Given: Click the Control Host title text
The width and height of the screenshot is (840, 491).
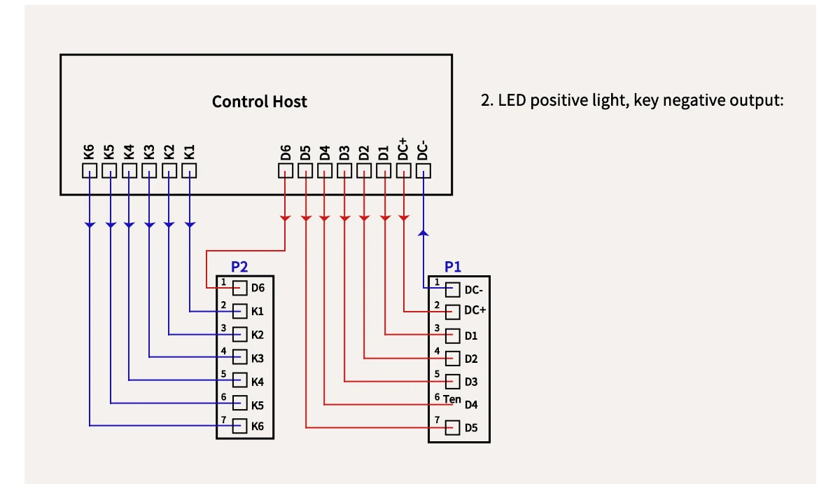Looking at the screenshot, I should coord(259,102).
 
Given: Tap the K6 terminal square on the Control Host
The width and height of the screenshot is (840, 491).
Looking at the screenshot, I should coord(90,170).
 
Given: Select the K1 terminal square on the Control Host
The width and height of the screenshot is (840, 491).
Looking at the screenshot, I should coord(190,170).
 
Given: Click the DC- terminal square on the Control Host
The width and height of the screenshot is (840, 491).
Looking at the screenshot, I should coord(423,170).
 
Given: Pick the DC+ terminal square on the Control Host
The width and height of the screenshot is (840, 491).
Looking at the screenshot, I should coord(404,170).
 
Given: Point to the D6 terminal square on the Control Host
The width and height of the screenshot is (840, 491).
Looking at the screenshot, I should coord(286,170).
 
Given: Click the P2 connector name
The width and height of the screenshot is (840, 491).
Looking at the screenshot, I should coord(239,267).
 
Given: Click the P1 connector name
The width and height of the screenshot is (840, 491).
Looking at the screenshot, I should coord(453,267).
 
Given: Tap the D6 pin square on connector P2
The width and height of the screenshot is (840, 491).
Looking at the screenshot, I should coord(240,288).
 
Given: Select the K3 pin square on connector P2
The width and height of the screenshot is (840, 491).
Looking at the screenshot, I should coord(240,357).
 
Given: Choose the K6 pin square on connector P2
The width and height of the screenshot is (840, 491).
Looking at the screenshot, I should coord(240,425).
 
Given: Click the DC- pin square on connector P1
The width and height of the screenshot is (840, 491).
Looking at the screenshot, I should coord(452,289).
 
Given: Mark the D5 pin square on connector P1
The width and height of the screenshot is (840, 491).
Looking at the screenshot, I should coord(452,427).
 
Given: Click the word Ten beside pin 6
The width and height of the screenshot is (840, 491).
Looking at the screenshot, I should coord(452,400).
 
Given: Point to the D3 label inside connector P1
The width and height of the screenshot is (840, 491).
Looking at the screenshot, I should coord(471,382).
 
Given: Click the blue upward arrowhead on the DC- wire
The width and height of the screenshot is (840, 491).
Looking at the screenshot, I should coord(423,232).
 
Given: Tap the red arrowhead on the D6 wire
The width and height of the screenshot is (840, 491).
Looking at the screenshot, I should coord(286,219).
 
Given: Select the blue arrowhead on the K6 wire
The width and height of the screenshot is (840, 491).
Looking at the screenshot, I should coord(90,225).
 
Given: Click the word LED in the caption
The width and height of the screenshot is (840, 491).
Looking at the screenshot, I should coord(512,101).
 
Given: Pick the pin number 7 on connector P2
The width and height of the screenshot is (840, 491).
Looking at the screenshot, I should coord(223,420).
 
